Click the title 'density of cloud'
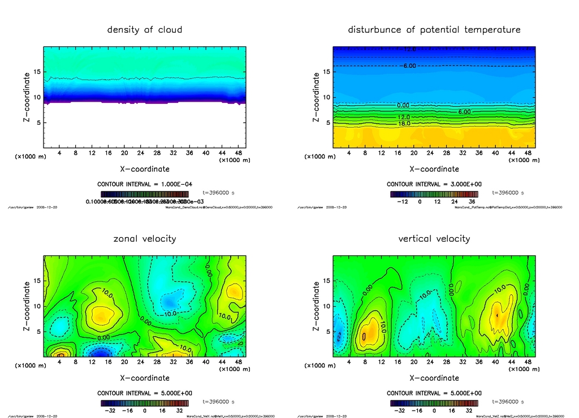[145, 29]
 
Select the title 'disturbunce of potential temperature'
[434, 29]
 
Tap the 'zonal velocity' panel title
[145, 238]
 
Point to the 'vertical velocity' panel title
[434, 238]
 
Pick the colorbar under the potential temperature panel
[434, 194]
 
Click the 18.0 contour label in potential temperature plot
[404, 123]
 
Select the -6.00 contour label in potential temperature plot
[408, 66]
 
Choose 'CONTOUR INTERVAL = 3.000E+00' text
[434, 184]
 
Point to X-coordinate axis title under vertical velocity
[434, 378]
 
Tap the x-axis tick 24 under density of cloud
[140, 153]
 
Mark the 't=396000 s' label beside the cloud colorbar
[218, 193]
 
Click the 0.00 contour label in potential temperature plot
[404, 105]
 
